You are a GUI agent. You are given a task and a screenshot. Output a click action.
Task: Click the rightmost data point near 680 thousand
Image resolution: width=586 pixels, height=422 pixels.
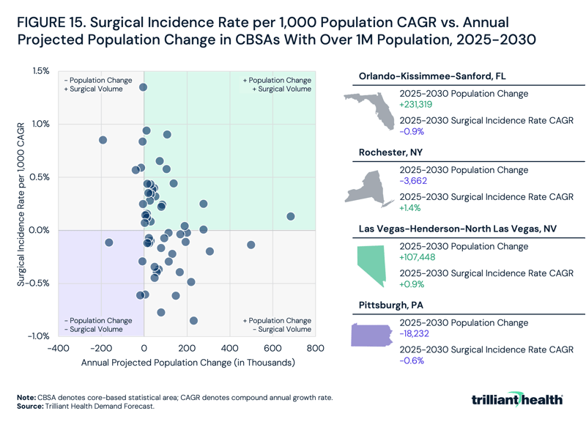[291, 216]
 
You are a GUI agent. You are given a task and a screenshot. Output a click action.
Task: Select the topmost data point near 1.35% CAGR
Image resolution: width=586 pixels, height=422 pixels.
[144, 87]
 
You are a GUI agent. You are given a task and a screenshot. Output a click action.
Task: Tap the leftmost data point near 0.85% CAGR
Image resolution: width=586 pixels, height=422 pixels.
[103, 140]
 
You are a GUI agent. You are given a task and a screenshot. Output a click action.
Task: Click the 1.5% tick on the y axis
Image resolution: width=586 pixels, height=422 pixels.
[40, 71]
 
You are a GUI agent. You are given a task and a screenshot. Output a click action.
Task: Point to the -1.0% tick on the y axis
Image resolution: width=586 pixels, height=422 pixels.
[38, 336]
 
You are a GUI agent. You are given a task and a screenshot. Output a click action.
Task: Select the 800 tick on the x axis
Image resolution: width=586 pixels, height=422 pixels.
[316, 349]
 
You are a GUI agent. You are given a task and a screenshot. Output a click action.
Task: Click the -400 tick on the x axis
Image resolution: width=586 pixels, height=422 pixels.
[58, 349]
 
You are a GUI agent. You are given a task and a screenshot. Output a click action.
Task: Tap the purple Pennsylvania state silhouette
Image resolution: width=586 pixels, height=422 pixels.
[372, 335]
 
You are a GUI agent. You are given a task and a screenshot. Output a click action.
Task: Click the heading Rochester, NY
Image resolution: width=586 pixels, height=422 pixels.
[390, 152]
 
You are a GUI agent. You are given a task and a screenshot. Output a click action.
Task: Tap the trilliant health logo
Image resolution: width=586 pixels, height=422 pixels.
[518, 399]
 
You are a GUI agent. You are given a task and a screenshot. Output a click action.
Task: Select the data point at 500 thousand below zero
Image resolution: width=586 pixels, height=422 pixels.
[251, 245]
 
